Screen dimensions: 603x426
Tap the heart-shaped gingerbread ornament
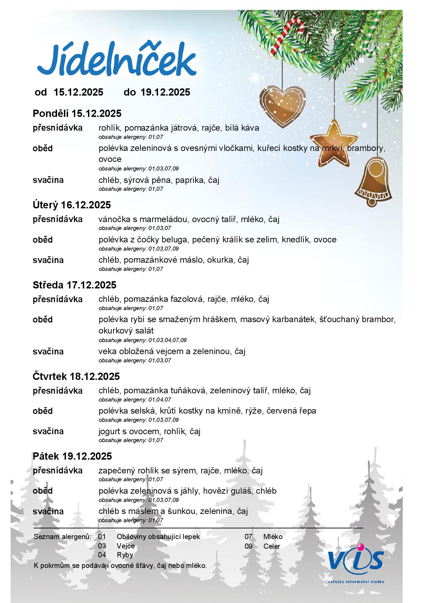pyautogui.click(x=282, y=105)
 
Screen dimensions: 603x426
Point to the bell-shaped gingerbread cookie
pyautogui.click(x=374, y=181)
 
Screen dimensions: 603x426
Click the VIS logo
pyautogui.click(x=356, y=560)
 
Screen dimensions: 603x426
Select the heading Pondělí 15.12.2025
pyautogui.click(x=77, y=113)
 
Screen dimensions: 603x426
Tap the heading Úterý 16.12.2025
pyautogui.click(x=72, y=205)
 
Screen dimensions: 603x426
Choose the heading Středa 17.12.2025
pyautogui.click(x=75, y=285)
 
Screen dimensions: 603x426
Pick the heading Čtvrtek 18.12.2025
pyautogui.click(x=76, y=376)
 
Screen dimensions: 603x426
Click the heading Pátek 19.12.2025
pyautogui.click(x=72, y=456)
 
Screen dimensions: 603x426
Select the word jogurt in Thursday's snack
pyautogui.click(x=110, y=431)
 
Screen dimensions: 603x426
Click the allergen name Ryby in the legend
pyautogui.click(x=125, y=555)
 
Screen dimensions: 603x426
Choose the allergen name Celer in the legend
pyautogui.click(x=272, y=546)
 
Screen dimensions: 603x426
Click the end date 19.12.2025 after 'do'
pyautogui.click(x=165, y=92)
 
